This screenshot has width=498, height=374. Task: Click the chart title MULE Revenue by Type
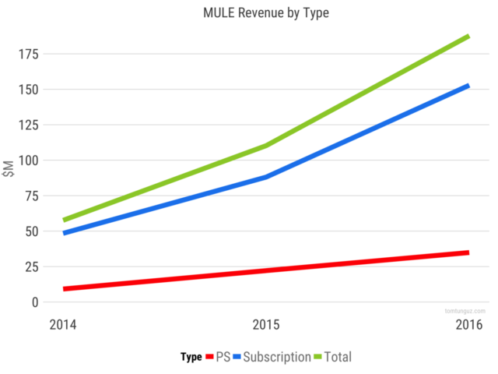click(248, 13)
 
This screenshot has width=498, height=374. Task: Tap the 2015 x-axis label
click(266, 324)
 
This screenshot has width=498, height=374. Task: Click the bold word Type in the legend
click(191, 357)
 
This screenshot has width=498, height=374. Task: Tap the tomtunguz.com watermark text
click(465, 310)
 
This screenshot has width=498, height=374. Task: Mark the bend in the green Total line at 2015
click(266, 145)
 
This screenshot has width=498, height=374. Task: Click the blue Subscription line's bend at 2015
click(266, 177)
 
